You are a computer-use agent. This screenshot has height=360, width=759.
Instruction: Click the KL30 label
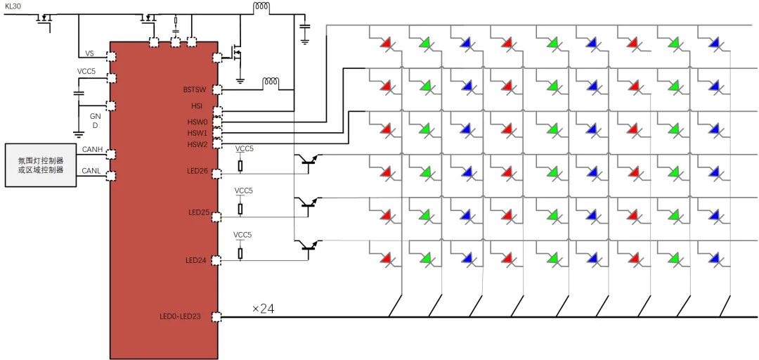tap(14, 5)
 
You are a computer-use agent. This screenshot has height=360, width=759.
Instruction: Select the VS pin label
tap(89, 53)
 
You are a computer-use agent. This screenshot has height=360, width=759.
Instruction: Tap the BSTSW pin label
tap(195, 89)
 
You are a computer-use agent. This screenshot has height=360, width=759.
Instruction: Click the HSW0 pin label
tap(197, 122)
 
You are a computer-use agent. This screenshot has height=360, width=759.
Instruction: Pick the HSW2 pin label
tap(197, 144)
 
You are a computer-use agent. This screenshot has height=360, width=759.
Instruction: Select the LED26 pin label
tap(197, 172)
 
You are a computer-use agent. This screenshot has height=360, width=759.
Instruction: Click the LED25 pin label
tap(199, 212)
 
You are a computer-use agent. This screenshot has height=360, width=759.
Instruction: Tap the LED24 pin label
tap(196, 260)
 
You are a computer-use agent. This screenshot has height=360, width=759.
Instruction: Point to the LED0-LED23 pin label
tap(181, 316)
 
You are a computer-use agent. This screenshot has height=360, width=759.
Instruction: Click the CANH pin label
tap(93, 149)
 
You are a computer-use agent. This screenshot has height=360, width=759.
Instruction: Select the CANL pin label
tap(93, 171)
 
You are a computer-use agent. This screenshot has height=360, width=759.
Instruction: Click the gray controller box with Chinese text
tap(40, 165)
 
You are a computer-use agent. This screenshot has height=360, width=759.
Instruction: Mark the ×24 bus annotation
tap(264, 308)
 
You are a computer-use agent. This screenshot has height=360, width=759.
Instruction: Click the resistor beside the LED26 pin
tap(240, 166)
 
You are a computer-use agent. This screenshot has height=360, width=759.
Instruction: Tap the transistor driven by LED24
tap(308, 246)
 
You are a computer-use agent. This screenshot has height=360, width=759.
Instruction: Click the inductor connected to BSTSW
tap(271, 83)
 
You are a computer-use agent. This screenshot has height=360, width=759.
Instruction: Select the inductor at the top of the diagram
tap(261, 8)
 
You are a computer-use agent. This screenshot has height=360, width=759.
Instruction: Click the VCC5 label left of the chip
tap(86, 72)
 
